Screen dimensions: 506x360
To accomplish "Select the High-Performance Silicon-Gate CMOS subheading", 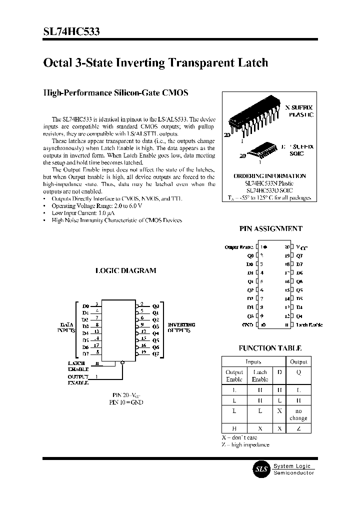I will [115, 93].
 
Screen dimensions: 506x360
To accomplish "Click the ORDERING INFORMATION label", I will [269, 176].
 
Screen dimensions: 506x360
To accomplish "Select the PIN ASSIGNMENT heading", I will [271, 228].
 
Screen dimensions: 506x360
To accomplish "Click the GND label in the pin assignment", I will [247, 325].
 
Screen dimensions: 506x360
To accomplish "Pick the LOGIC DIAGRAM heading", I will [125, 270].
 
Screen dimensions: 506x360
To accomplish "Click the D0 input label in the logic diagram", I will [85, 305].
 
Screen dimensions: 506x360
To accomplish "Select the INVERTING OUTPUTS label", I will [181, 327].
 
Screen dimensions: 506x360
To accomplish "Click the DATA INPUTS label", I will [66, 327].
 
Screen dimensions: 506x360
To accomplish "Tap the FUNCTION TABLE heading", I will [270, 348].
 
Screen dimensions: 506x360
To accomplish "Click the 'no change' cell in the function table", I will [298, 414].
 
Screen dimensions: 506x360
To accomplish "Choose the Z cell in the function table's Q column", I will [298, 428].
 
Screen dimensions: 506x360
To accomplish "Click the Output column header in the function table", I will [298, 361].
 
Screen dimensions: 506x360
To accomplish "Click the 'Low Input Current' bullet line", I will [90, 213].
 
